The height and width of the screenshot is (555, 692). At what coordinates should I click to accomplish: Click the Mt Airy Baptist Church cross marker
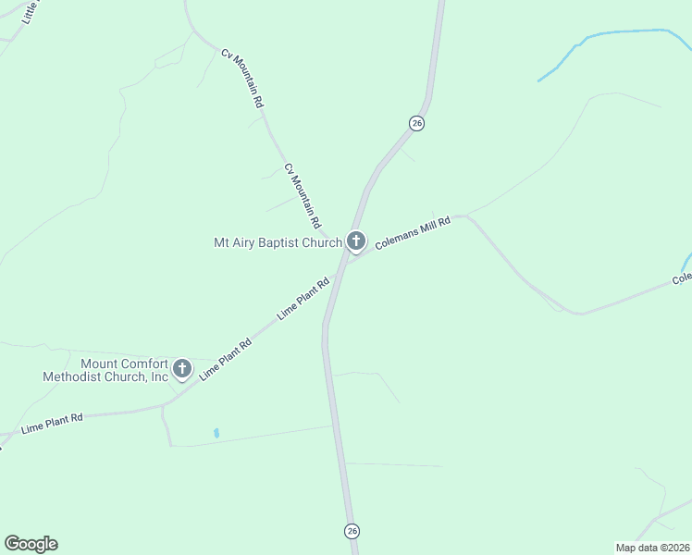pyautogui.click(x=356, y=242)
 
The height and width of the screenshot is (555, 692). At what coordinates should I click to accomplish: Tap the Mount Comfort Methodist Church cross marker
pyautogui.click(x=182, y=369)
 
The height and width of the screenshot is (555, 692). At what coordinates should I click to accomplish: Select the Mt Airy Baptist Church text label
pyautogui.click(x=278, y=243)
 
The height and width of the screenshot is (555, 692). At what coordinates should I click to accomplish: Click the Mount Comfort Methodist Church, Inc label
pyautogui.click(x=105, y=370)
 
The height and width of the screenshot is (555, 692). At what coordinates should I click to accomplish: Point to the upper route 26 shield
pyautogui.click(x=417, y=123)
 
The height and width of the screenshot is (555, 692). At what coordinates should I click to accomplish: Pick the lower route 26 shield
pyautogui.click(x=352, y=530)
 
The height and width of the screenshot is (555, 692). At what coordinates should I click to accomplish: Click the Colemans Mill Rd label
pyautogui.click(x=413, y=234)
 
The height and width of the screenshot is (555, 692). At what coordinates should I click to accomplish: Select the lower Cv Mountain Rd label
pyautogui.click(x=303, y=196)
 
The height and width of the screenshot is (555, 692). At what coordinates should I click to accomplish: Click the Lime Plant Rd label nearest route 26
pyautogui.click(x=304, y=299)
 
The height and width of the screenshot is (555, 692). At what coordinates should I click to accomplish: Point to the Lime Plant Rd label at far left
pyautogui.click(x=52, y=424)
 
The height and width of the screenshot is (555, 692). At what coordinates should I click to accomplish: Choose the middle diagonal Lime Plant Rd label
pyautogui.click(x=226, y=361)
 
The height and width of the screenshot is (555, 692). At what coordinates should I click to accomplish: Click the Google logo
pyautogui.click(x=31, y=544)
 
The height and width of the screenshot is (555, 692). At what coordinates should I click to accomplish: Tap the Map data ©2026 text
pyautogui.click(x=652, y=547)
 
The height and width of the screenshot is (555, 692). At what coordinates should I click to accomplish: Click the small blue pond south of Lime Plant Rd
pyautogui.click(x=216, y=432)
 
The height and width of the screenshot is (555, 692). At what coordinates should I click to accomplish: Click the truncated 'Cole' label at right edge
pyautogui.click(x=681, y=277)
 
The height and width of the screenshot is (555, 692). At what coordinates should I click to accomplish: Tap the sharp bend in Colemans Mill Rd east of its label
pyautogui.click(x=468, y=217)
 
